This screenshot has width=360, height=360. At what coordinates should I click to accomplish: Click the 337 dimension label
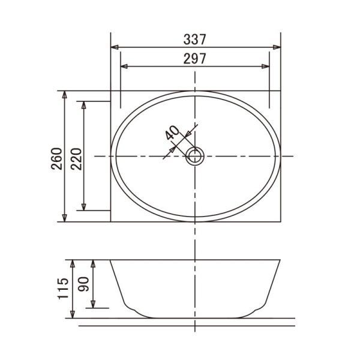coord(194,40)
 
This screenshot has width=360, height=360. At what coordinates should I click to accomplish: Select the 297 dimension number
coord(194,59)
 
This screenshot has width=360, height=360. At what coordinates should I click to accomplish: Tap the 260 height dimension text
coord(57,158)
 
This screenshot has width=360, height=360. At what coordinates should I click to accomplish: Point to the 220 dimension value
coord(76,159)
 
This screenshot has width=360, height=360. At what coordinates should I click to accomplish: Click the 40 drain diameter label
coord(172,133)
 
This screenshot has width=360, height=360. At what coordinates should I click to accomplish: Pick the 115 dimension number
coord(63,289)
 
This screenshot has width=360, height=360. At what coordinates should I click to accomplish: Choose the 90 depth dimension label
coord(83,284)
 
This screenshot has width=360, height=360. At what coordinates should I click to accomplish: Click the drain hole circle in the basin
coord(194,156)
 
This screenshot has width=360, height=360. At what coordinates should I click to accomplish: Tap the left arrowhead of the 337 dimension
coord(115,47)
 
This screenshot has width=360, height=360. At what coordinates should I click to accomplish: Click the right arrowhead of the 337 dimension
coord(277,47)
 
